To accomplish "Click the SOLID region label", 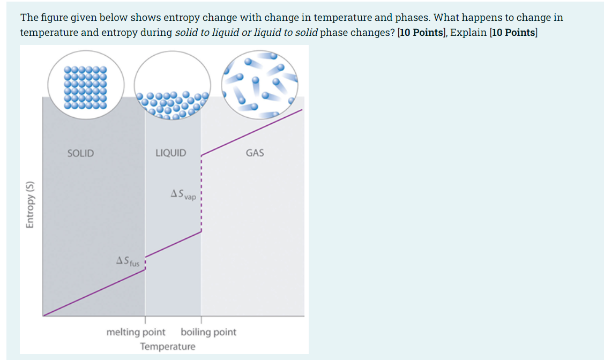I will (x=80, y=153).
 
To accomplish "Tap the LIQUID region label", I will (x=170, y=153).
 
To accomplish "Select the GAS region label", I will (x=255, y=153).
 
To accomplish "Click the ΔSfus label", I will (x=128, y=262).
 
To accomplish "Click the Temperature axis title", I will (x=168, y=347).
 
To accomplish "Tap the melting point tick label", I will (x=136, y=332).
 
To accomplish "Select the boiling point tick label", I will (x=208, y=332).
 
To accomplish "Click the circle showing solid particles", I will (x=86, y=86).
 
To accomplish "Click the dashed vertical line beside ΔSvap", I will (x=201, y=193).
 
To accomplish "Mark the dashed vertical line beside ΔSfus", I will (x=145, y=263).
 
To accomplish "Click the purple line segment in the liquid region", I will (x=173, y=244).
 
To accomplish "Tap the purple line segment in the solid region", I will (x=94, y=292).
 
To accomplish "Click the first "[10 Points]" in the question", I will (x=422, y=33).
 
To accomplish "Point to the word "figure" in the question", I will (x=52, y=18).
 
